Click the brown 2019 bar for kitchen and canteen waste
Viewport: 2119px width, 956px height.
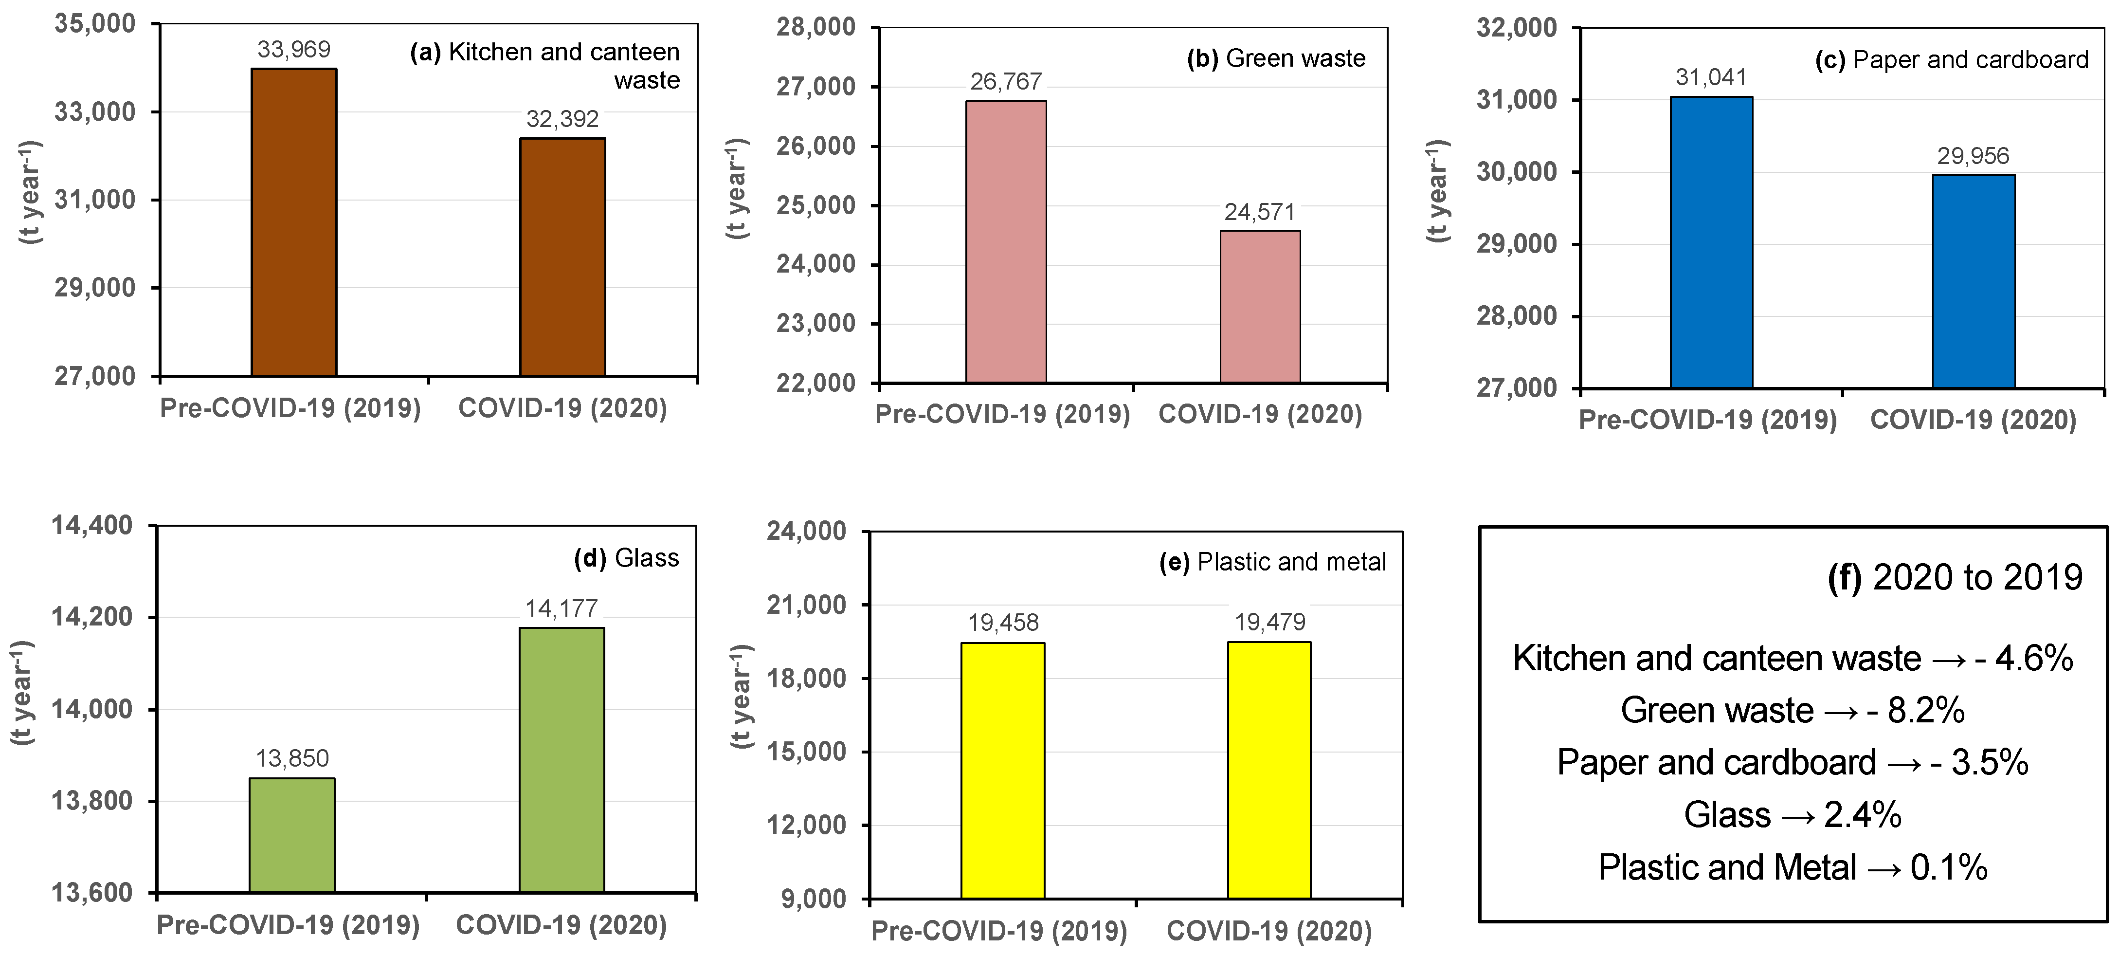[x=294, y=222]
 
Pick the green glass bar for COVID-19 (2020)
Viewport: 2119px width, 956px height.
[x=562, y=759]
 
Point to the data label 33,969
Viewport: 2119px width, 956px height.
[x=294, y=49]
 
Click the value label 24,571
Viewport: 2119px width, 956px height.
[x=1259, y=212]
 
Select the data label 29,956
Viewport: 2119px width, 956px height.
[x=1973, y=155]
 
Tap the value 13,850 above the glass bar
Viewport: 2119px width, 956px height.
[x=292, y=758]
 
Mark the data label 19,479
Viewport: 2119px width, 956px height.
[x=1269, y=622]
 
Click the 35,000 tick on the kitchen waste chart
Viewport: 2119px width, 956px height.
[x=94, y=24]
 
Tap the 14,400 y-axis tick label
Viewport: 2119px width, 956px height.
[x=92, y=525]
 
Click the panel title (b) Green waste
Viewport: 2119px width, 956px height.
[x=1276, y=58]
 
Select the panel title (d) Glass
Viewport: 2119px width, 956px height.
[x=626, y=558]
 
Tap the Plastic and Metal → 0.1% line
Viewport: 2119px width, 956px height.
[x=1793, y=867]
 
